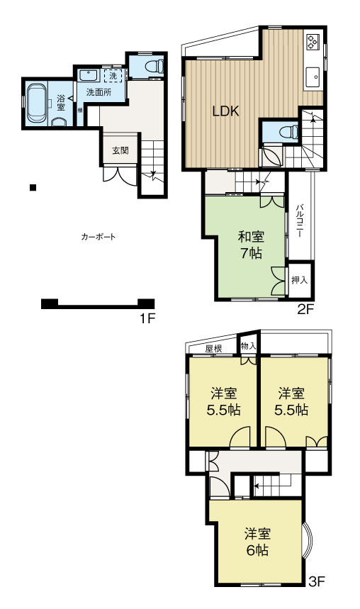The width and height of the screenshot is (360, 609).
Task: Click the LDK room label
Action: [225, 111]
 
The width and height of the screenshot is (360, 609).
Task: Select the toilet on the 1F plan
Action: [154, 66]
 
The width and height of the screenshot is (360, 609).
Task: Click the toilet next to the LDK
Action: [289, 132]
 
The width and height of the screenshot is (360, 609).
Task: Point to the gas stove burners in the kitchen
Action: [313, 43]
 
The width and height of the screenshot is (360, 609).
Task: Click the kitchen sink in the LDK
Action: [313, 77]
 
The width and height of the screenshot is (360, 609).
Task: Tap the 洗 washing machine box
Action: [113, 76]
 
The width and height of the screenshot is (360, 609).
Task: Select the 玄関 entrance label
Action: [120, 150]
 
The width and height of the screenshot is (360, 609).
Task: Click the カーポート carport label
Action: [99, 237]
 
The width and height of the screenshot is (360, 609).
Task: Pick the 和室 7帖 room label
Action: [251, 245]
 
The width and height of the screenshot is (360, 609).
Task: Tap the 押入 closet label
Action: [300, 280]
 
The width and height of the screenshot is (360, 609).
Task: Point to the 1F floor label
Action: [147, 319]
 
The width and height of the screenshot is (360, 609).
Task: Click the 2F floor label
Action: [305, 309]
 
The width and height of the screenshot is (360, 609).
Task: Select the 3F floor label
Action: [317, 581]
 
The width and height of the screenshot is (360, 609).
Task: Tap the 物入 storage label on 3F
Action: [249, 346]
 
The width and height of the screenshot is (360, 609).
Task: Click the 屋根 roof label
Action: [213, 348]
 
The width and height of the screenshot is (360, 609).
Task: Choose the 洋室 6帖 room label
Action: [257, 542]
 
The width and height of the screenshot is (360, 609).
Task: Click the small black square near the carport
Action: [33, 188]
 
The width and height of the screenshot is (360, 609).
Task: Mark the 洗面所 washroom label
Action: [99, 92]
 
